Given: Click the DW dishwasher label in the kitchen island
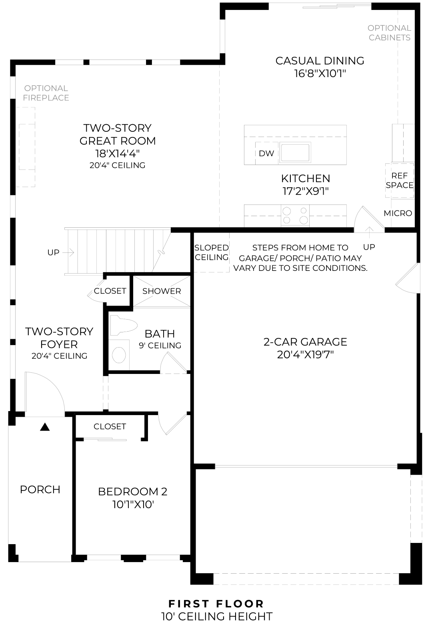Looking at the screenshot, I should click(266, 153).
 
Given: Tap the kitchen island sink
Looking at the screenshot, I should click(295, 152).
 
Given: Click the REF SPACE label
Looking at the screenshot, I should click(399, 180).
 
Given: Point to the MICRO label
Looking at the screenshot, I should click(398, 213).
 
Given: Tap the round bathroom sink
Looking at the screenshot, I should click(119, 354).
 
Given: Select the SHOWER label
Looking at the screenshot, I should click(162, 291).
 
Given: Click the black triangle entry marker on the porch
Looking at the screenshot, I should click(45, 427).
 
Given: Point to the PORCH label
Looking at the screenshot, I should click(40, 489).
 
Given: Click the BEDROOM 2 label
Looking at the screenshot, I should click(132, 491).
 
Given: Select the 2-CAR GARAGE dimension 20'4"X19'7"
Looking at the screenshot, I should click(305, 354).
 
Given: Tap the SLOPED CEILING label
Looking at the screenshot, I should click(212, 252).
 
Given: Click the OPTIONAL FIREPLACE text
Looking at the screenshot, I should click(46, 93).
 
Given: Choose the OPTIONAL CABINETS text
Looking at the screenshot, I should click(389, 33).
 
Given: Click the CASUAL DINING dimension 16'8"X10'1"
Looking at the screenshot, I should click(320, 74).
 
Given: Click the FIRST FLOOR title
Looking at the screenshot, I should click(216, 604).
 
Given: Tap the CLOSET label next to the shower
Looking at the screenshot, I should click(110, 291).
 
